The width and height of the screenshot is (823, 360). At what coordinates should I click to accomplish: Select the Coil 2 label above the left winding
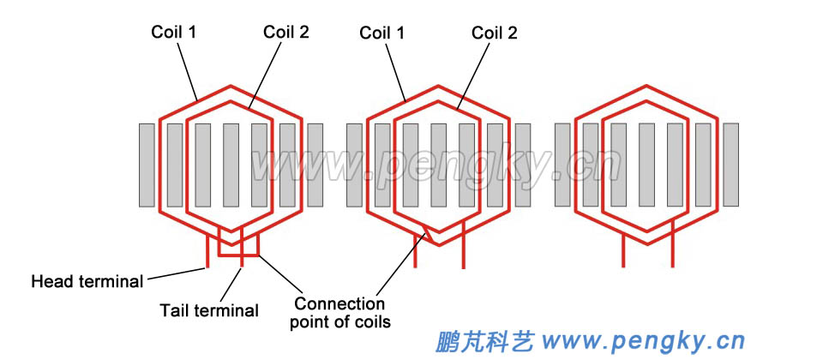pyautogui.click(x=285, y=33)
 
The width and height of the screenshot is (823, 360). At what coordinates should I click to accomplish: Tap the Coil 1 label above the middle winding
pyautogui.click(x=382, y=33)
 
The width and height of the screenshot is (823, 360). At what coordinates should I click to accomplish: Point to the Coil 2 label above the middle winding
pyautogui.click(x=495, y=33)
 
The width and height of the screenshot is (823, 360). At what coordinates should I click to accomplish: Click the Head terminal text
pyautogui.click(x=87, y=281)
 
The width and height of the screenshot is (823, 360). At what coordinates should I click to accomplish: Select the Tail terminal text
pyautogui.click(x=209, y=310)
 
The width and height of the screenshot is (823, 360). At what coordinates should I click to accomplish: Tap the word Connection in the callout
pyautogui.click(x=339, y=304)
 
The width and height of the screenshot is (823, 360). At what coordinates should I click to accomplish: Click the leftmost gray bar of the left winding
pyautogui.click(x=147, y=165)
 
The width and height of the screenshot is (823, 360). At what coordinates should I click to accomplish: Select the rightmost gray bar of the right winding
pyautogui.click(x=730, y=165)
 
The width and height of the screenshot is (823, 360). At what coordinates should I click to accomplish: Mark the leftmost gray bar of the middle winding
pyautogui.click(x=354, y=165)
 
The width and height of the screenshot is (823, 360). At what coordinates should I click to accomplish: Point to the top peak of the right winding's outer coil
pyautogui.click(x=646, y=86)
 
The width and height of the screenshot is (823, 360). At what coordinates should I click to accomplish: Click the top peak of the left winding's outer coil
pyautogui.click(x=231, y=86)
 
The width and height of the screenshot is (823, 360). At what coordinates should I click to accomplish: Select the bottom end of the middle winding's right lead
pyautogui.click(x=464, y=267)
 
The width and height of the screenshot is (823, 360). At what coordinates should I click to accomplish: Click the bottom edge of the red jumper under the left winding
pyautogui.click(x=239, y=255)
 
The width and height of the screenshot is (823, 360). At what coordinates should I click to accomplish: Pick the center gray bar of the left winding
pyautogui.click(x=231, y=165)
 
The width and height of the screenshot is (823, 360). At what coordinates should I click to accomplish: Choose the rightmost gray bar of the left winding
pyautogui.click(x=315, y=165)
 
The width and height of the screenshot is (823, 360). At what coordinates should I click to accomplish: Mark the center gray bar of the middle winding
pyautogui.click(x=438, y=165)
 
